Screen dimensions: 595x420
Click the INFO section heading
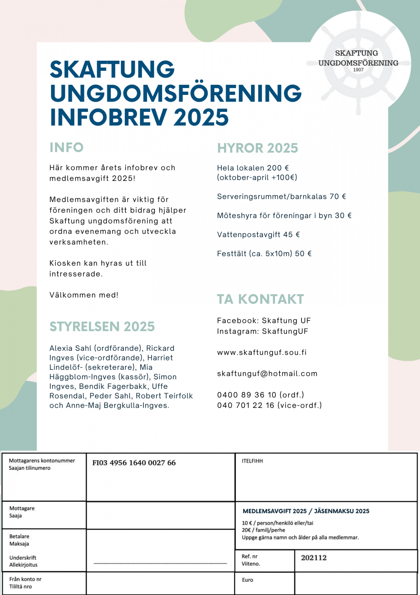[x=67, y=148]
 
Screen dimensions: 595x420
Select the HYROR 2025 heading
[x=258, y=148]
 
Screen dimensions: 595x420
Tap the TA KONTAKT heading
[x=260, y=299]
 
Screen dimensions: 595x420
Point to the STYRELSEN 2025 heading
[x=102, y=327]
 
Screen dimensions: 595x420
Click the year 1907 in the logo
[x=358, y=70]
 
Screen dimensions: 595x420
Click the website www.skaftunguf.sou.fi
[x=262, y=352]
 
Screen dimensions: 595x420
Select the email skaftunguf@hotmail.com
[x=267, y=373]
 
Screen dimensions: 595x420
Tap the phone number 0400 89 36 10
[x=247, y=395]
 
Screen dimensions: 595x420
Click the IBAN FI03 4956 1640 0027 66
[x=134, y=463]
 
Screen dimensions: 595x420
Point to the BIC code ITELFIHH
[x=252, y=461]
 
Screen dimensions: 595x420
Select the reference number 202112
[x=314, y=558]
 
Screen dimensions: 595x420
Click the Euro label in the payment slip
[x=248, y=580]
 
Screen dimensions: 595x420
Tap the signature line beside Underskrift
[x=160, y=563]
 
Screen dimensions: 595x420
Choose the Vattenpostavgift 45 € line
[x=258, y=235]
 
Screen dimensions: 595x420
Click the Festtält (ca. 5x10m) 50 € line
[x=264, y=254]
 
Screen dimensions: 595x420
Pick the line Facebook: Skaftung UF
[x=264, y=321]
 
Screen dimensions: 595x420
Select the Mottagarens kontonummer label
[x=42, y=461]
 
